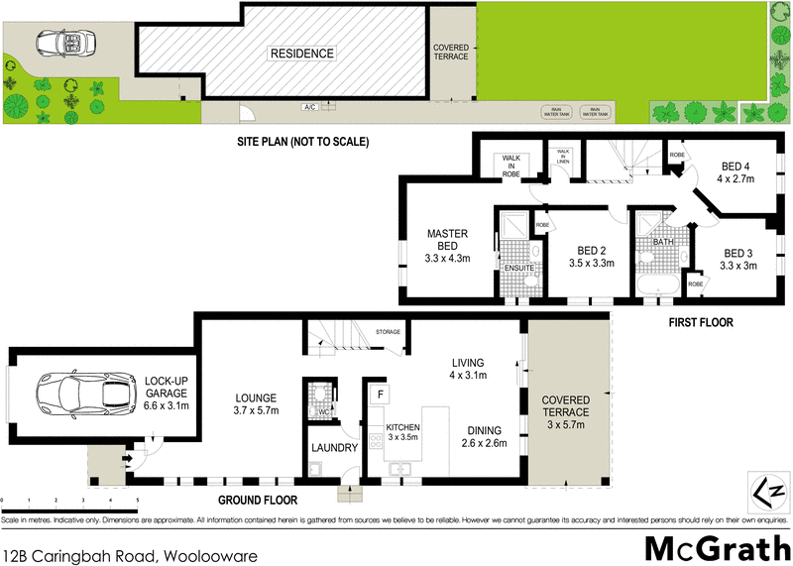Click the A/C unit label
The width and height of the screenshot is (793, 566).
[x=309, y=107]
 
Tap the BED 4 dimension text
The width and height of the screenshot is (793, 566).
[x=736, y=179]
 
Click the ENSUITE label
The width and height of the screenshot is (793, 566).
[x=518, y=268]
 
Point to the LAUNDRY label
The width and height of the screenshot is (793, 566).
[x=334, y=448]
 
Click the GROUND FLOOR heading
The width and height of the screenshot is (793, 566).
[x=257, y=501]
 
